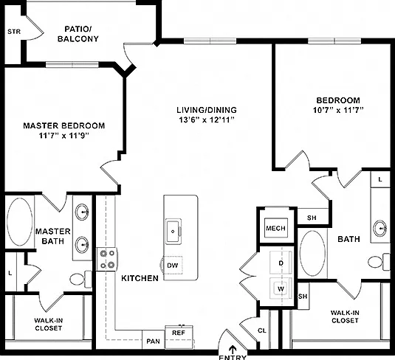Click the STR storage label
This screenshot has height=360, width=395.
[14, 32]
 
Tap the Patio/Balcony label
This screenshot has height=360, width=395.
[78, 34]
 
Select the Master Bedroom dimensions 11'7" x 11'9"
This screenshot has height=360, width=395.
[64, 136]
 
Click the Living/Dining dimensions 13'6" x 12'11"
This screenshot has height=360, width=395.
[207, 120]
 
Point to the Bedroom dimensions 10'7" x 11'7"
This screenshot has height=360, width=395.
[338, 110]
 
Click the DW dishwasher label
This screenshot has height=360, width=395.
[173, 266]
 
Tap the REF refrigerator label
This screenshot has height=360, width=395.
[179, 333]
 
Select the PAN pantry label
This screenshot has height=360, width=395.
[153, 342]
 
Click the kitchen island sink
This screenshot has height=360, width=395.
[173, 231]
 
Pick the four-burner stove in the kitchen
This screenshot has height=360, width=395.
[107, 259]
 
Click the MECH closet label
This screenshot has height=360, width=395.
[276, 228]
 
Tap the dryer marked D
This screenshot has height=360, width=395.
[281, 263]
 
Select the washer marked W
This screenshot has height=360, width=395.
[281, 288]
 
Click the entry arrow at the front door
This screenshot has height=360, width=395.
[233, 350]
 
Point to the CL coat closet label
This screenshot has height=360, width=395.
[262, 330]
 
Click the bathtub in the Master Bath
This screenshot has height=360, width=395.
[19, 222]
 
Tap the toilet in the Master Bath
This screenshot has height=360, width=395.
[80, 279]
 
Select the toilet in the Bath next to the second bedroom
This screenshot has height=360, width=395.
[379, 262]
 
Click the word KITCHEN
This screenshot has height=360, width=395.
[140, 278]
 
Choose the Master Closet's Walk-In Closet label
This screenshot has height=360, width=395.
[49, 325]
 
